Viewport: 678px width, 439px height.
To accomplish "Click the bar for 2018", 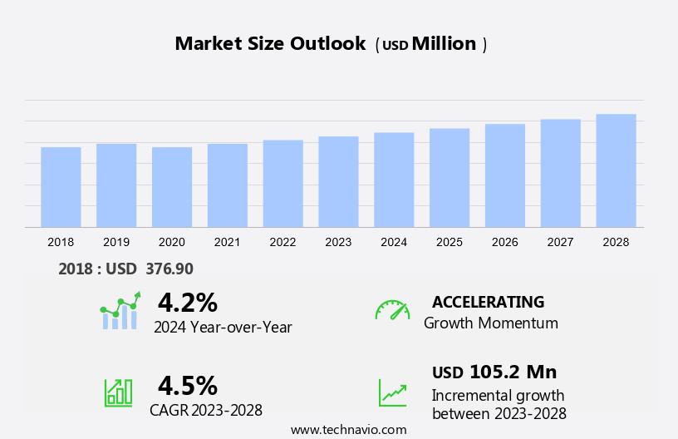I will click(61, 187).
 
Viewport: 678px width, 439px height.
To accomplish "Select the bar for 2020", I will click(172, 187).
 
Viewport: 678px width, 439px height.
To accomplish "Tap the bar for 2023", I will click(338, 181).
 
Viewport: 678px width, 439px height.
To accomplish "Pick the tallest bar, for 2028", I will click(616, 170).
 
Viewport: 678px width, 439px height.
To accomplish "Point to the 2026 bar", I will click(505, 175).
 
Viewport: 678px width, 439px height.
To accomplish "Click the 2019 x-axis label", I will click(116, 242).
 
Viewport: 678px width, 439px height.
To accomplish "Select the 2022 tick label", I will click(282, 242).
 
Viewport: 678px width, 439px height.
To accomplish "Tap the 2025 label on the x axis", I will click(450, 242).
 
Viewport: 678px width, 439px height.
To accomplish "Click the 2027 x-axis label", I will click(560, 242).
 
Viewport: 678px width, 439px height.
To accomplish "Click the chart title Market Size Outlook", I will click(270, 44).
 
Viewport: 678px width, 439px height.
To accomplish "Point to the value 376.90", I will click(169, 269).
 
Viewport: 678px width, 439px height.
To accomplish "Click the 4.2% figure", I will click(187, 302).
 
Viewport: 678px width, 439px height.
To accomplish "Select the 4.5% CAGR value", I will click(187, 385).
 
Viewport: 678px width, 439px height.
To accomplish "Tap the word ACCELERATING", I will click(488, 302).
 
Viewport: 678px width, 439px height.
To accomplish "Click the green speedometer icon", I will click(392, 310).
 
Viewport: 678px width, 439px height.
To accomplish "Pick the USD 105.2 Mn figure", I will click(494, 372).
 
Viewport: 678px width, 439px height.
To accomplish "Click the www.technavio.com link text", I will click(348, 430).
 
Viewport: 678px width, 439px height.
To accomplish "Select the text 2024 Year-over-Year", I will click(223, 327).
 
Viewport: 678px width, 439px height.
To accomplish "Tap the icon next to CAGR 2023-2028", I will click(118, 392).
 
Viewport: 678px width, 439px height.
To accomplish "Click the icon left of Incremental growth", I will click(392, 392).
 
